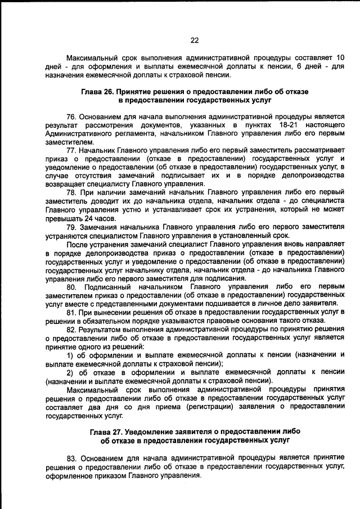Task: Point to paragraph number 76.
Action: [x=71, y=115]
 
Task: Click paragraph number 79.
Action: [x=71, y=227]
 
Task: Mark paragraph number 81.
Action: [x=71, y=312]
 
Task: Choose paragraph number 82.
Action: [x=71, y=329]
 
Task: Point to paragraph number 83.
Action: [x=71, y=458]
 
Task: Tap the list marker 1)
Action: [x=71, y=355]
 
